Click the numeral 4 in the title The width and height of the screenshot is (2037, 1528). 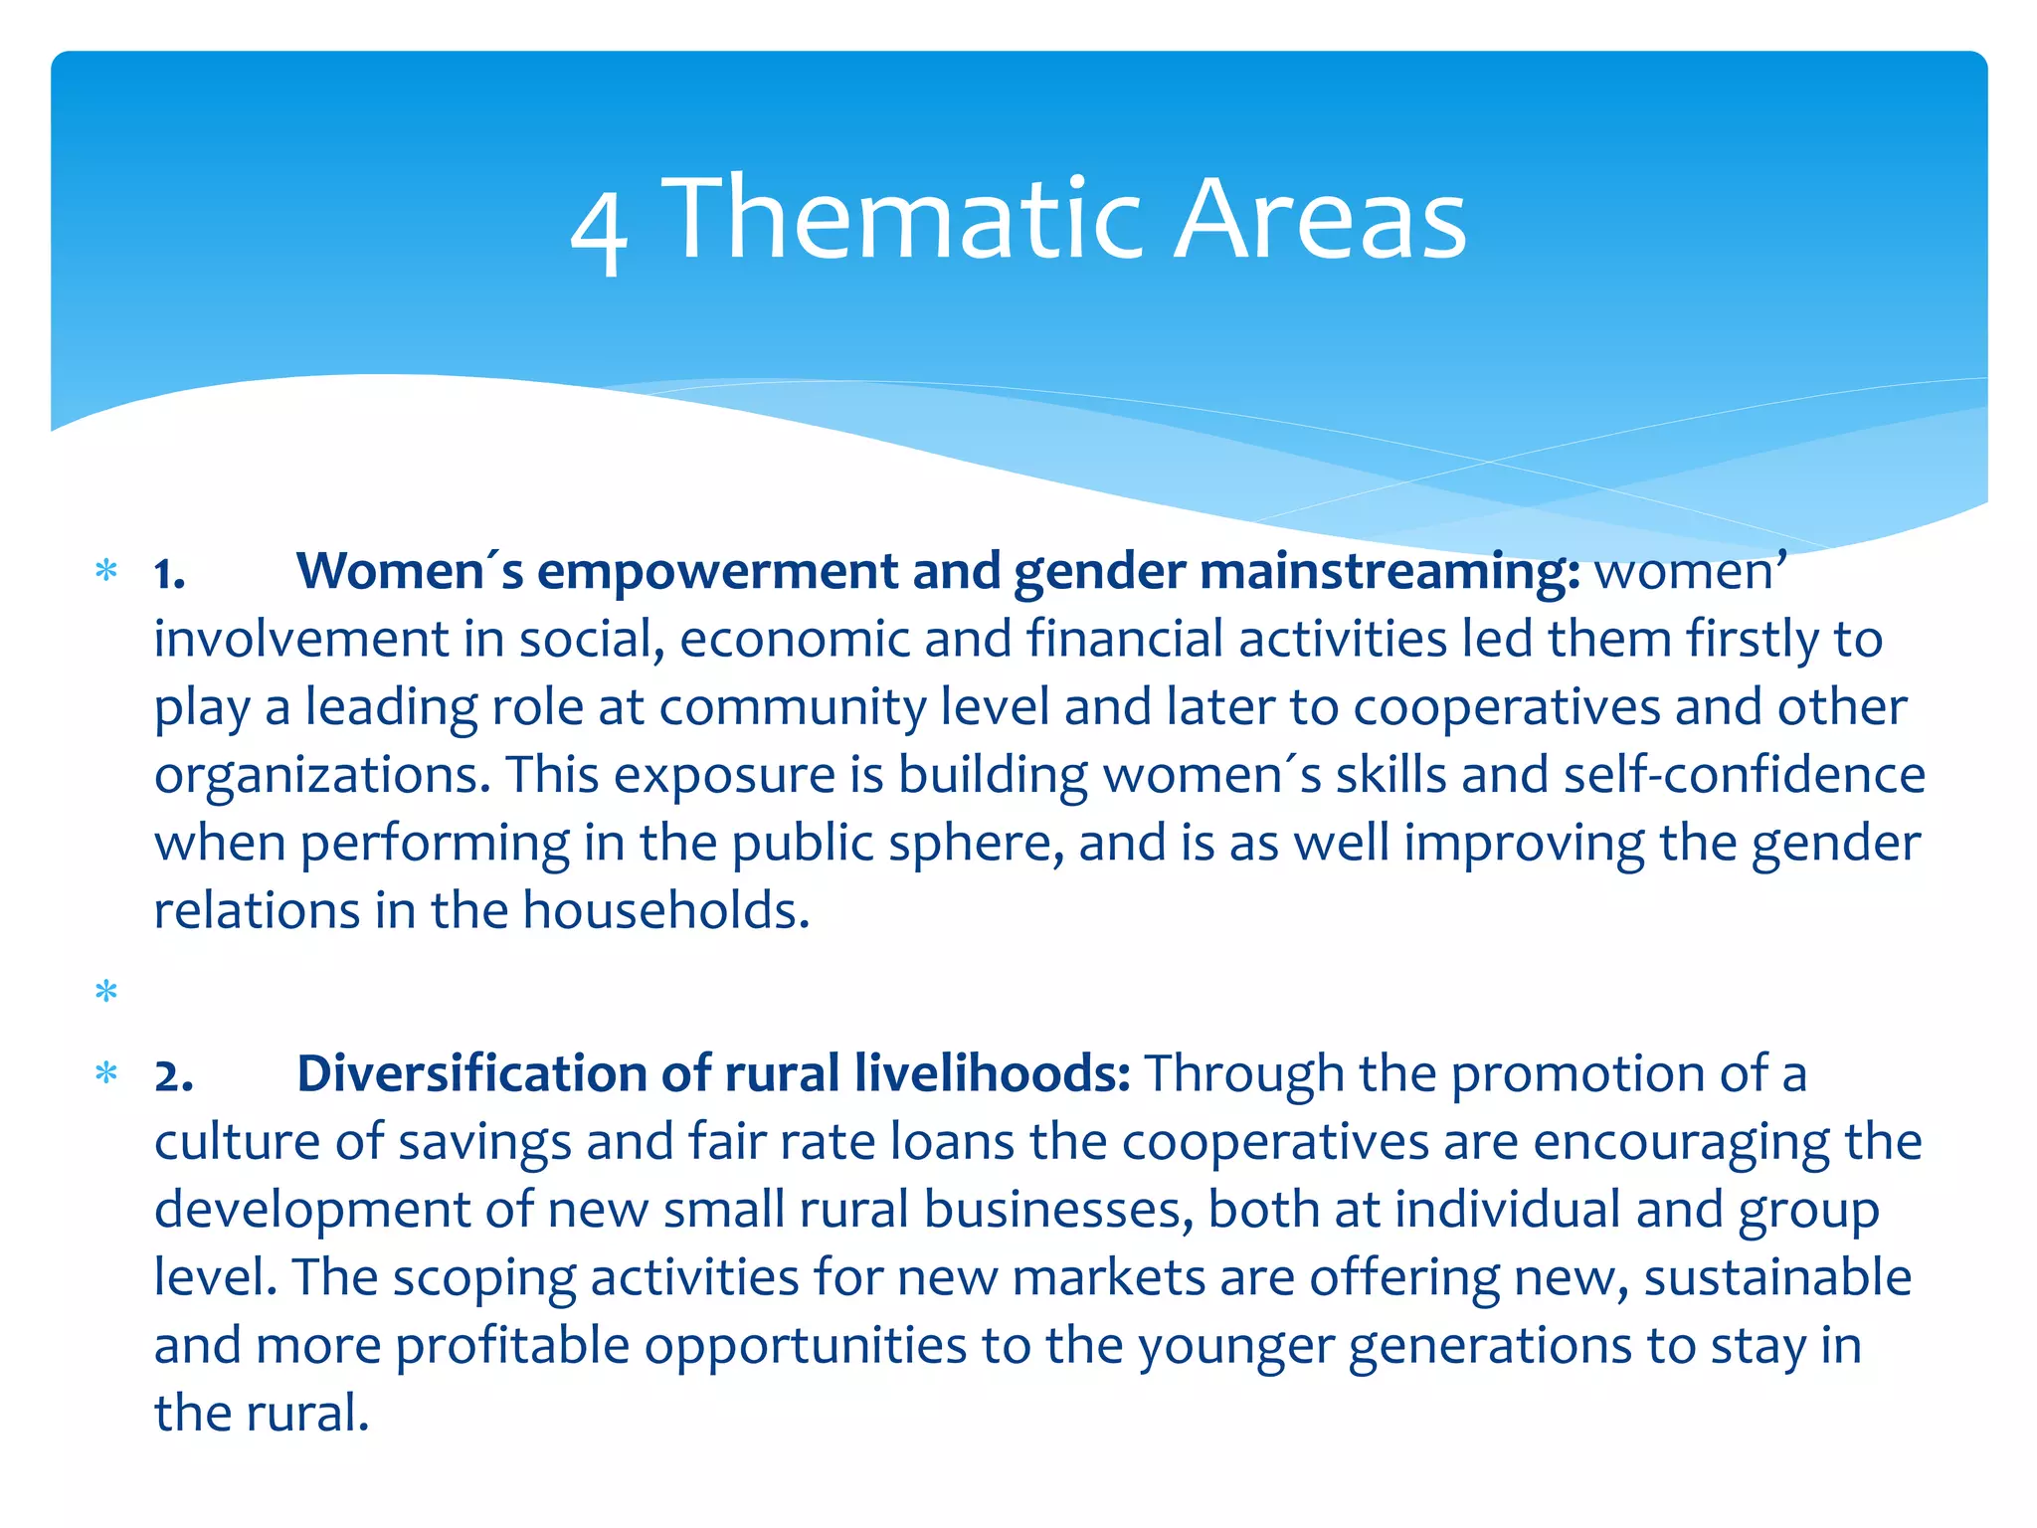(x=599, y=231)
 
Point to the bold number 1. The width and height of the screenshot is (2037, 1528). (x=169, y=575)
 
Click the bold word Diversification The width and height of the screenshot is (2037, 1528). (x=471, y=1074)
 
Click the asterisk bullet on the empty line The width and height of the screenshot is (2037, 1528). (x=105, y=992)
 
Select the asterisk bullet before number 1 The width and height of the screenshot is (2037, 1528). (x=105, y=572)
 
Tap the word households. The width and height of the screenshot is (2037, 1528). (x=665, y=910)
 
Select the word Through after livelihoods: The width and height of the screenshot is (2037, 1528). (x=1243, y=1074)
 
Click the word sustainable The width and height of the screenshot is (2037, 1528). (x=1777, y=1278)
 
